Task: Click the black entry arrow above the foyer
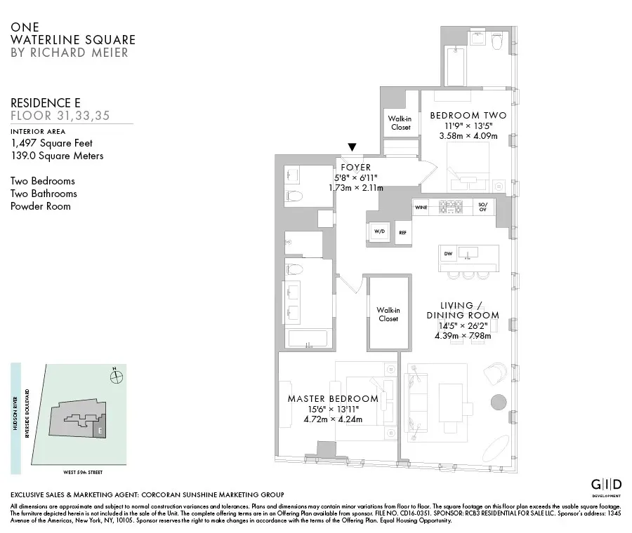click(352, 147)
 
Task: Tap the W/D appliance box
click(378, 231)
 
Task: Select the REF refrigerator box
click(402, 232)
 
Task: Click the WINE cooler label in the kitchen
click(421, 208)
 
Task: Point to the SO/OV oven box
click(482, 208)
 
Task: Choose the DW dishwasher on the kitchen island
click(447, 253)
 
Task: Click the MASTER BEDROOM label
click(333, 398)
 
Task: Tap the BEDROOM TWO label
click(468, 115)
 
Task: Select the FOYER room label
click(355, 168)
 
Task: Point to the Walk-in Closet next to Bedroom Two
click(399, 123)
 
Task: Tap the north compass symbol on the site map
click(117, 378)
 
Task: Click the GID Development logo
click(605, 486)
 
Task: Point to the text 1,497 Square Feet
click(51, 143)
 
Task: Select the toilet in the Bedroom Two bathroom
click(498, 43)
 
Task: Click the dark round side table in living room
click(497, 402)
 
